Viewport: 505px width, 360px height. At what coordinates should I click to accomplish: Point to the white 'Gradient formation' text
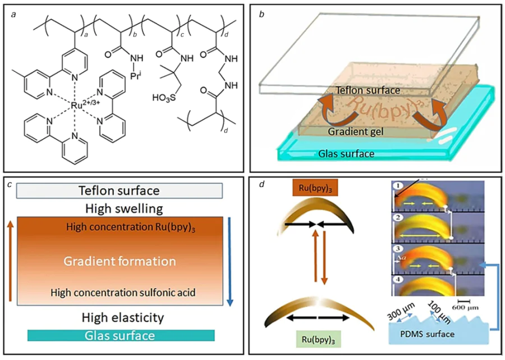point(119,261)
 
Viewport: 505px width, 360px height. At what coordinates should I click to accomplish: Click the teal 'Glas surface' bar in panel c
point(121,336)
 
